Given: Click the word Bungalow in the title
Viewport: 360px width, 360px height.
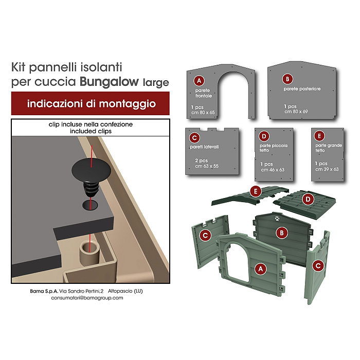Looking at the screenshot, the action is coord(109,82).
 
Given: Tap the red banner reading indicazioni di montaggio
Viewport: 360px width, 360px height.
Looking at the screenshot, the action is coord(91,103).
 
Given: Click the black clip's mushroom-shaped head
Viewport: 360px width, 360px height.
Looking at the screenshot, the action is coord(91,170).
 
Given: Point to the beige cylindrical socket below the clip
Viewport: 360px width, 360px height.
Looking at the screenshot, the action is coord(89,253).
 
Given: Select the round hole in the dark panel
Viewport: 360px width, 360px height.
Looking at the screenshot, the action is coord(90,205).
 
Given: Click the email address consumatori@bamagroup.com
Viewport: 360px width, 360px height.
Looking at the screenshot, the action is coord(87,298).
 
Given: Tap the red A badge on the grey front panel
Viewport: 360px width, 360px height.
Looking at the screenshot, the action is coord(199,81).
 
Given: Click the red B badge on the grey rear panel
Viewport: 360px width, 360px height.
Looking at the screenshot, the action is coord(287,79).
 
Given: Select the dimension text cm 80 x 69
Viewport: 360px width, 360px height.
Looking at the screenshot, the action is coord(296,112).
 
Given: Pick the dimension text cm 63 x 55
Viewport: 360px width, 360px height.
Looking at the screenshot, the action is coord(207,166).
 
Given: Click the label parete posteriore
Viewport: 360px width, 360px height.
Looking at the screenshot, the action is coord(302,89).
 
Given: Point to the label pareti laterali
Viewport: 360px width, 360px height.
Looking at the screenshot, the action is coord(204,147).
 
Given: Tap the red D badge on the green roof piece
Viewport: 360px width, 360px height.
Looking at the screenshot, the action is coord(308,200).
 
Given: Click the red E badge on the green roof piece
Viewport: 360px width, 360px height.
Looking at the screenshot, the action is coord(256,191).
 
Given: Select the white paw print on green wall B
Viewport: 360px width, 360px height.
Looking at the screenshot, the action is coord(277,218).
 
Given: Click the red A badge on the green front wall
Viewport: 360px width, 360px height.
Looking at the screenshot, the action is coord(260,268).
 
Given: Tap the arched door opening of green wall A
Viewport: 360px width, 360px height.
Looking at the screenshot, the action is coord(237,262).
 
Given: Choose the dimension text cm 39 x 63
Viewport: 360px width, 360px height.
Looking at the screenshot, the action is coord(327,169).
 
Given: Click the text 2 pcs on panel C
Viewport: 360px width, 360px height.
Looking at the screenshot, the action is coord(202,160).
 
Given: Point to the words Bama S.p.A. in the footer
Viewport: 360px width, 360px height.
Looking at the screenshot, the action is coord(44,291).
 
